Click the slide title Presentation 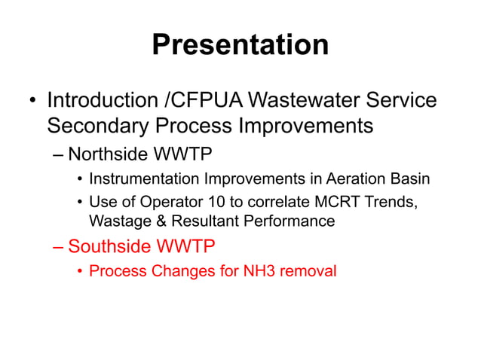click(240, 44)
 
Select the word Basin click(410, 179)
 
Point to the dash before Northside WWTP click(59, 155)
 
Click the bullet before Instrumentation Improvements click(79, 180)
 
